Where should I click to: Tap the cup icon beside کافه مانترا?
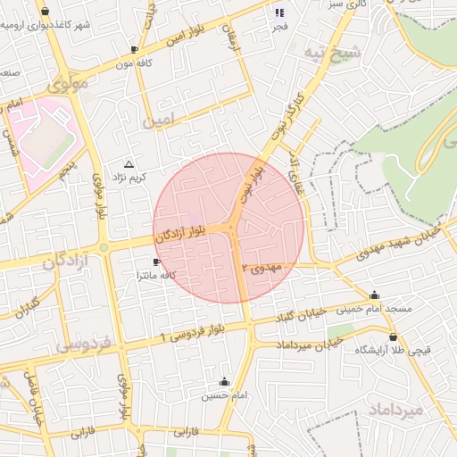click(157, 262)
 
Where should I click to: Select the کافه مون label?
click(132, 63)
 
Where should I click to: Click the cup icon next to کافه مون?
click(134, 50)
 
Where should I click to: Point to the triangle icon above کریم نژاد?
click(129, 165)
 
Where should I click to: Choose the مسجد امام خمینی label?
click(374, 309)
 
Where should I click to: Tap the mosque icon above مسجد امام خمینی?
click(374, 295)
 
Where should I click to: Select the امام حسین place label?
click(223, 394)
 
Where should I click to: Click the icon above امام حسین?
click(224, 381)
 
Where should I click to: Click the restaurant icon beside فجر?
click(278, 12)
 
